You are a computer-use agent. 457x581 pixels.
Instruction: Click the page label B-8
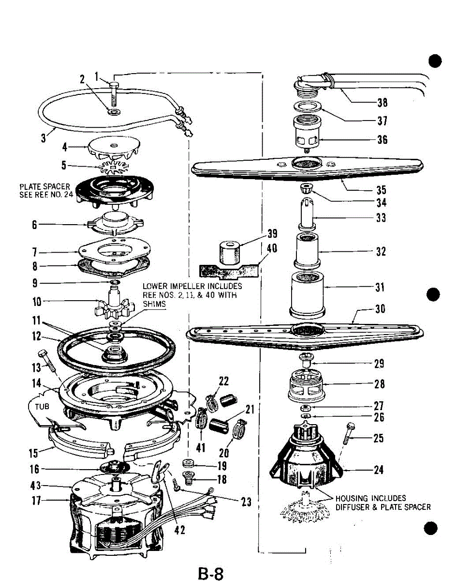[x=210, y=574]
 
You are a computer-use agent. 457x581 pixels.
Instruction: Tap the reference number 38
[x=382, y=103]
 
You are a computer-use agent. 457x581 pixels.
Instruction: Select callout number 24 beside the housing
[x=379, y=470]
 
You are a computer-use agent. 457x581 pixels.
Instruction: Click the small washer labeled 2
[x=114, y=112]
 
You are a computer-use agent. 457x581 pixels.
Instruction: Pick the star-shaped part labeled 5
[x=112, y=168]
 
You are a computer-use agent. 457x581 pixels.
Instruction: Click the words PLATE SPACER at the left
[x=45, y=186]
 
